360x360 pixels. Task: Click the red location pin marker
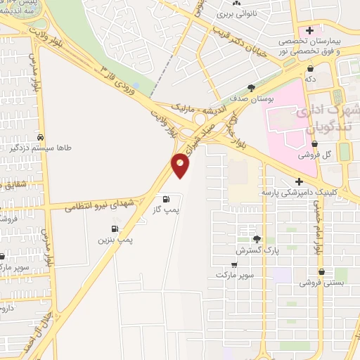pos(181,165)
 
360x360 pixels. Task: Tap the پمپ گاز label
pos(167,210)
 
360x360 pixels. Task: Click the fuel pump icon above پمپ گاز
pos(166,198)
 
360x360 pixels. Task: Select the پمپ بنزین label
pos(115,240)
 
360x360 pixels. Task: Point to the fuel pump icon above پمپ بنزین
pos(114,229)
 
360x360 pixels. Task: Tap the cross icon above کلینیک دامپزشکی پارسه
pos(300,181)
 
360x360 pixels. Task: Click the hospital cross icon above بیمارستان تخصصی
pos(309,30)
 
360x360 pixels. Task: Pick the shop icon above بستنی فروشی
pos(321,271)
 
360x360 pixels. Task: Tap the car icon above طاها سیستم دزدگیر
pos(41,136)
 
